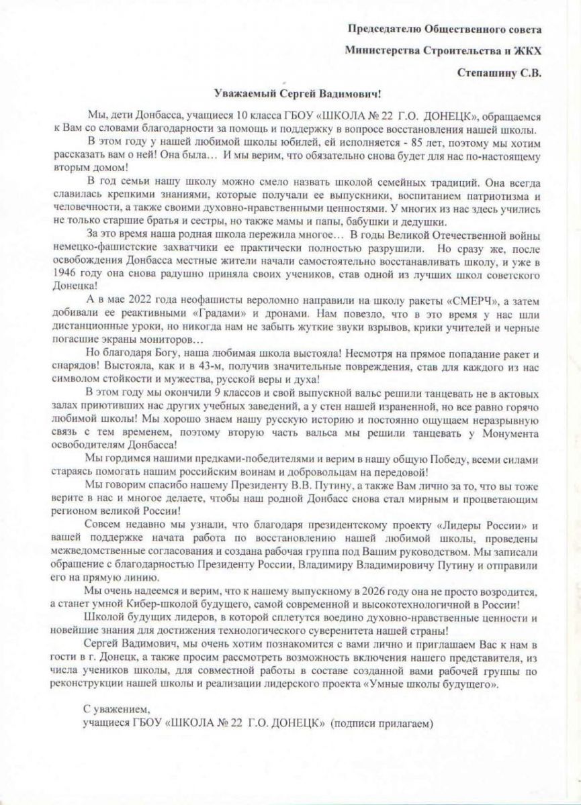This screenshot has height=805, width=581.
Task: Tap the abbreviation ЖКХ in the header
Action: (527, 49)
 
